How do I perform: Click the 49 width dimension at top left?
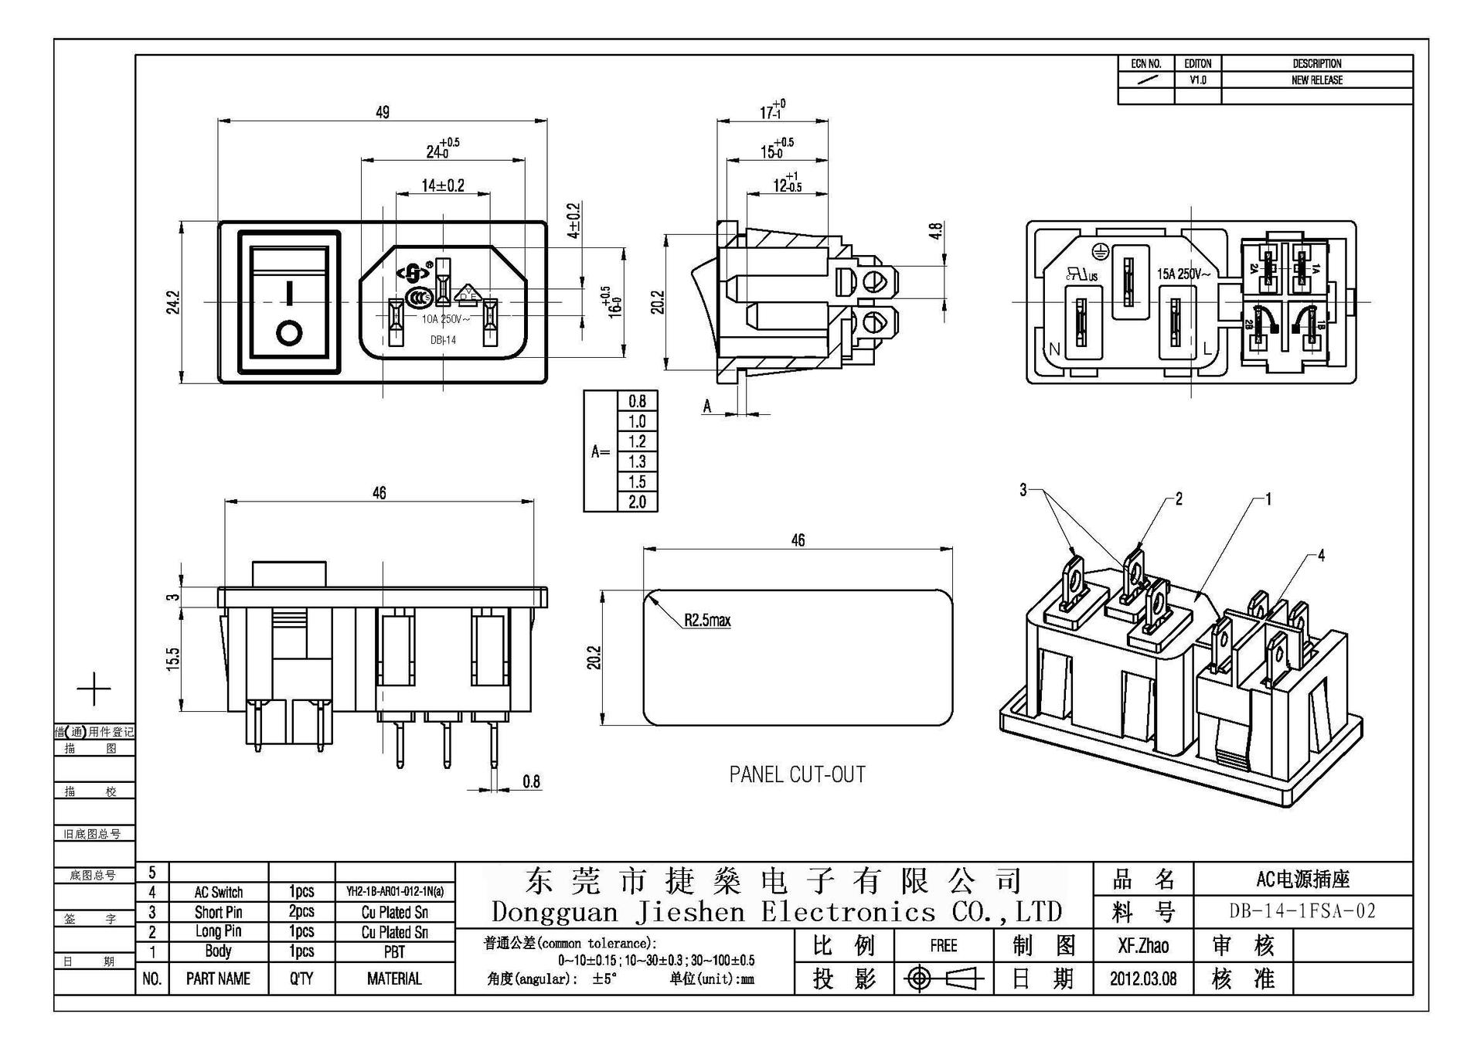[382, 111]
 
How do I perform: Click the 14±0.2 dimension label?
[443, 185]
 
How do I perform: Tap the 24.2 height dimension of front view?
[173, 301]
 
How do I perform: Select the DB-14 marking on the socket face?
[443, 340]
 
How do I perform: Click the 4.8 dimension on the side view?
[937, 230]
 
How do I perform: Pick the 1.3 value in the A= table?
[637, 461]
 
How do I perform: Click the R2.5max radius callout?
[706, 620]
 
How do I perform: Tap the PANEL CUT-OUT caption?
[797, 774]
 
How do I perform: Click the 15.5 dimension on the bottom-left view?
[173, 658]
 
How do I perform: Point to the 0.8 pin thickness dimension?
[531, 781]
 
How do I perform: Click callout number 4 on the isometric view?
[1321, 555]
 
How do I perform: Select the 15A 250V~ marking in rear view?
[1183, 274]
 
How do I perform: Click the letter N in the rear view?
[1054, 349]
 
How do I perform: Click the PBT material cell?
[394, 951]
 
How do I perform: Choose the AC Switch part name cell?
[218, 892]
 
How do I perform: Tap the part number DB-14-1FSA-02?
[1302, 911]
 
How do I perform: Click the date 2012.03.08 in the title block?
[1143, 978]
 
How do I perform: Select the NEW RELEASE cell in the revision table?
[1316, 80]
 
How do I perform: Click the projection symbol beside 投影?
[943, 979]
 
